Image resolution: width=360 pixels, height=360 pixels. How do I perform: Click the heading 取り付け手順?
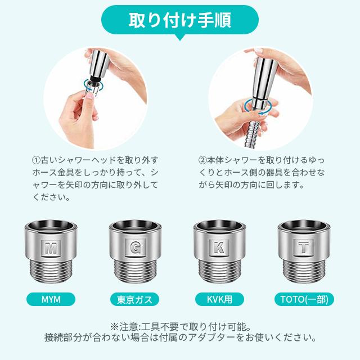[x=179, y=22]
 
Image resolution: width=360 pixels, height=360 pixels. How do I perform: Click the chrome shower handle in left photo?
[x=100, y=62]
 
